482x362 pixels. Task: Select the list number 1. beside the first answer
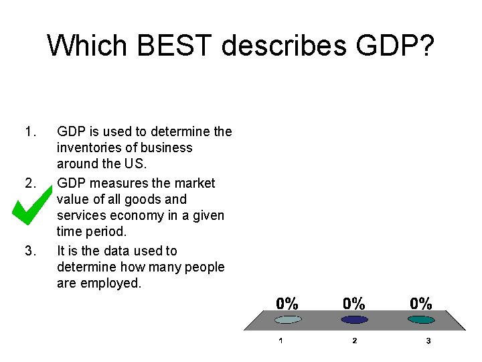[x=29, y=131]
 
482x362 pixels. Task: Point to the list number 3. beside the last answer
[x=29, y=251]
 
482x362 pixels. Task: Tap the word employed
[x=112, y=284]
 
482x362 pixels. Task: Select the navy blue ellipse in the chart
[x=354, y=320]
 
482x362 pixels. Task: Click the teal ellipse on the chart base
[x=421, y=320]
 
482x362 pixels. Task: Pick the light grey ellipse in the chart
[x=287, y=320]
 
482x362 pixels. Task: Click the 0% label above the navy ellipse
[x=354, y=303]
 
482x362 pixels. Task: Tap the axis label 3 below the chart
[x=428, y=341]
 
